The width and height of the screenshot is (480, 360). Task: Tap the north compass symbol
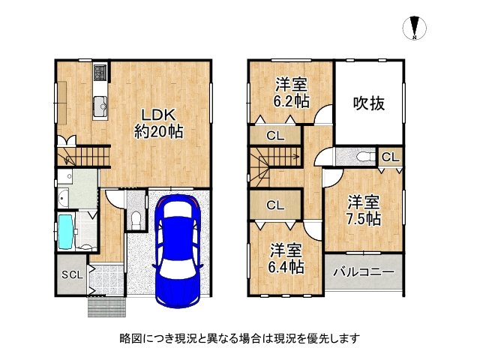[414, 28]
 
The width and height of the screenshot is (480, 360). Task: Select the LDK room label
[158, 115]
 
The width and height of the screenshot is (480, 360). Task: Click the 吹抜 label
[369, 103]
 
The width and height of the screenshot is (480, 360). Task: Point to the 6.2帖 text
[292, 101]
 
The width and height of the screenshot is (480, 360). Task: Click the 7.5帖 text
[363, 218]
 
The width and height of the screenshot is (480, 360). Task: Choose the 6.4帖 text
[286, 267]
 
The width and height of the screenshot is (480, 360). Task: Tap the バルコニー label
[363, 271]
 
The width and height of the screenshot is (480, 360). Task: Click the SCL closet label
[72, 274]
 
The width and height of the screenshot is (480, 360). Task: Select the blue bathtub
[65, 232]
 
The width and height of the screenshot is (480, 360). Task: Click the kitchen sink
[100, 106]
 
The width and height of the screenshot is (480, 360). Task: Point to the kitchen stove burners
[100, 73]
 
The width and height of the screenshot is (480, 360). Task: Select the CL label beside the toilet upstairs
[390, 157]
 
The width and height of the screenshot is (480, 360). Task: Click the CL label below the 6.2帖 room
[275, 136]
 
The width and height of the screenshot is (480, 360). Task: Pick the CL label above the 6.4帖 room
[275, 205]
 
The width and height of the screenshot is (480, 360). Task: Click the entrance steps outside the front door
[106, 307]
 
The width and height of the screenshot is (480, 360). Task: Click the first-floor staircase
[83, 157]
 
